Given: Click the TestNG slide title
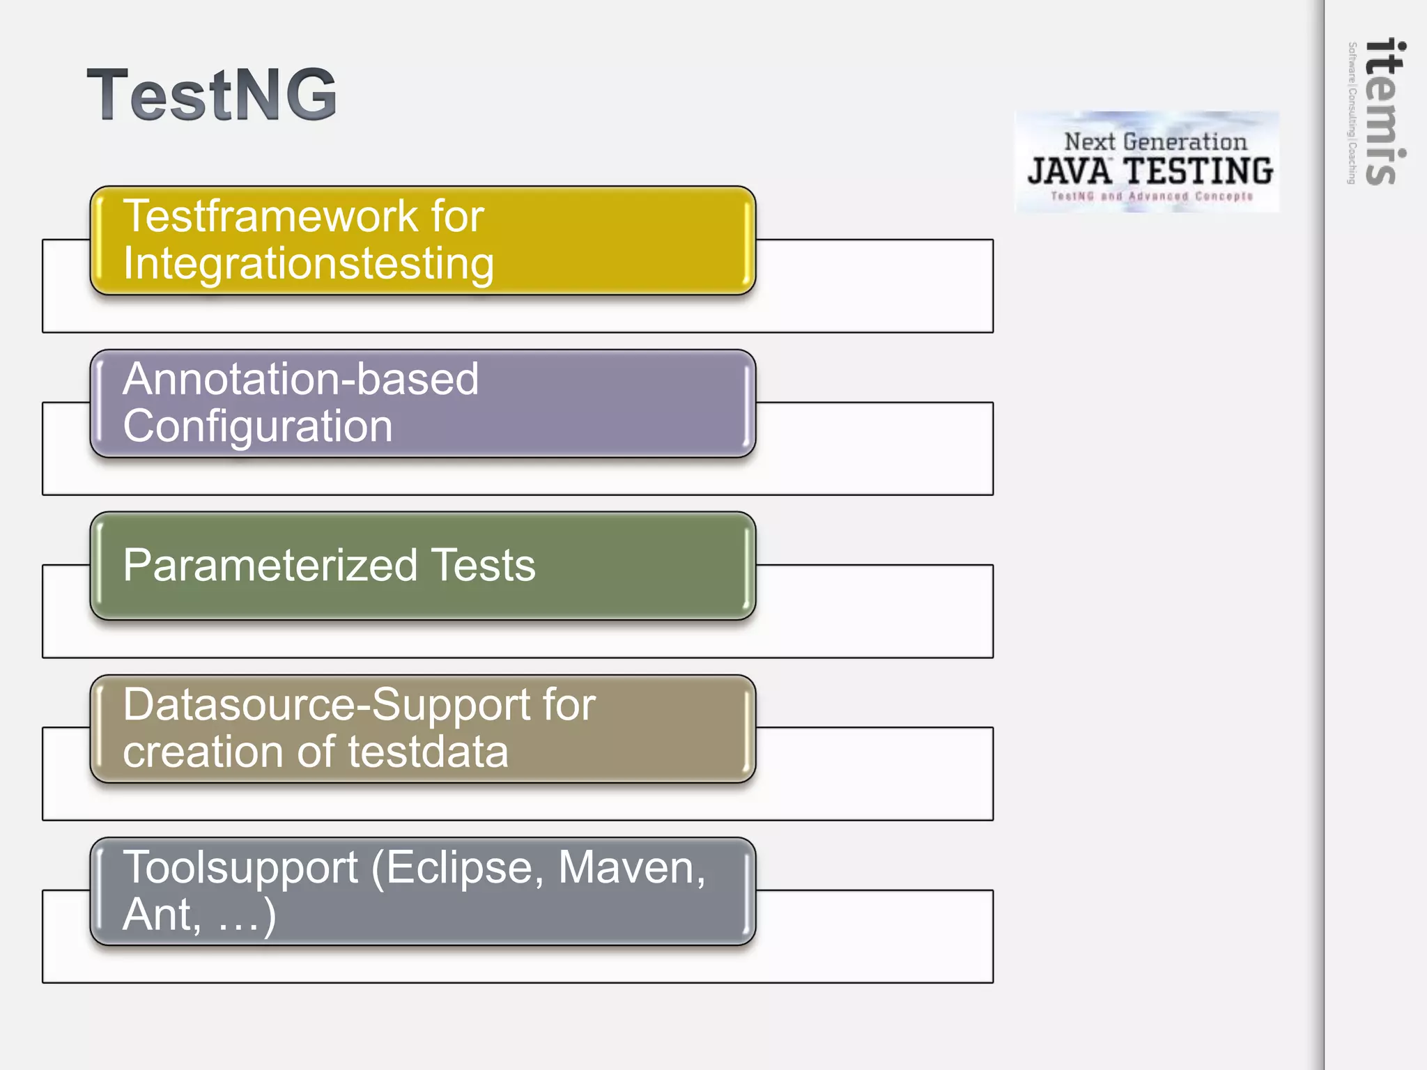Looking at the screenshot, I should coord(212,95).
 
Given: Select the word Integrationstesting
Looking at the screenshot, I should coord(308,264).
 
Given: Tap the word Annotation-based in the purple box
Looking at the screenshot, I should coord(300,380).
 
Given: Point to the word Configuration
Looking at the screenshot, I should coord(257,426).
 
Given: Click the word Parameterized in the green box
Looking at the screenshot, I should coord(270,565).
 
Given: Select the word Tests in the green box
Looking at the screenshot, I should coord(483,565).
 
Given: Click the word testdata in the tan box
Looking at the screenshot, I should coord(428,752).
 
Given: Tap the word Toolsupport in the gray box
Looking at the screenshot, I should coord(240,868).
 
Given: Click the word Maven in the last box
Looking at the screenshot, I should coord(631,868).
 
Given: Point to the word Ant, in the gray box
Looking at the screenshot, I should coord(162,915).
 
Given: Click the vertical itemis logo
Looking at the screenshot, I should coord(1384,111).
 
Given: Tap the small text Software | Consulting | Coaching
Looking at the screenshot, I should coord(1352,113).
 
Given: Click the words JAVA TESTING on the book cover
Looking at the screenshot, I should coord(1150,171).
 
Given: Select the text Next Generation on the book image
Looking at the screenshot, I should coord(1155,142).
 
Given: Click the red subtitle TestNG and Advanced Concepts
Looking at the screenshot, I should coord(1151,196).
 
